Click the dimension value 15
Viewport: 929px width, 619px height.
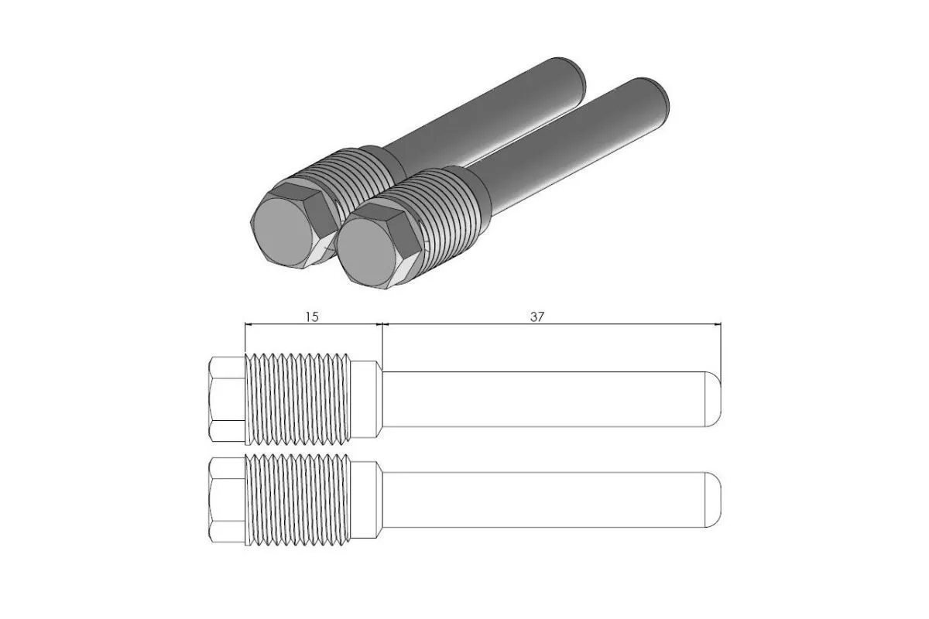[311, 316]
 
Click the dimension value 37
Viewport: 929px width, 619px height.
[536, 316]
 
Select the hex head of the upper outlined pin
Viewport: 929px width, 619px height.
[227, 398]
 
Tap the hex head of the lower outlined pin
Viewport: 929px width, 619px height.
[227, 499]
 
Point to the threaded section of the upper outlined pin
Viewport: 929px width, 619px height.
[297, 398]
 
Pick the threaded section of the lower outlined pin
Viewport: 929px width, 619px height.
[297, 499]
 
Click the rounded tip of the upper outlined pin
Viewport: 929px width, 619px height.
[715, 398]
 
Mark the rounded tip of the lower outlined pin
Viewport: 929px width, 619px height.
[715, 499]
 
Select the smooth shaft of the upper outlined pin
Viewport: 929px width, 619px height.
[542, 398]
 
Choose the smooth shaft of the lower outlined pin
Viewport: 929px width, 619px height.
[542, 499]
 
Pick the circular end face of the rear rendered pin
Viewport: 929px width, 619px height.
[283, 228]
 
